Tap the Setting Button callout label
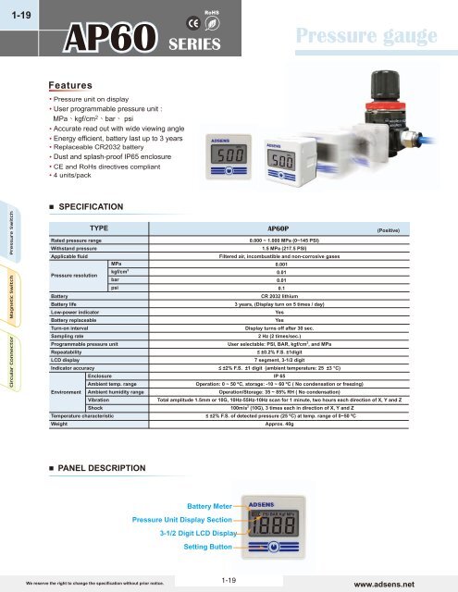click(210, 548)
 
